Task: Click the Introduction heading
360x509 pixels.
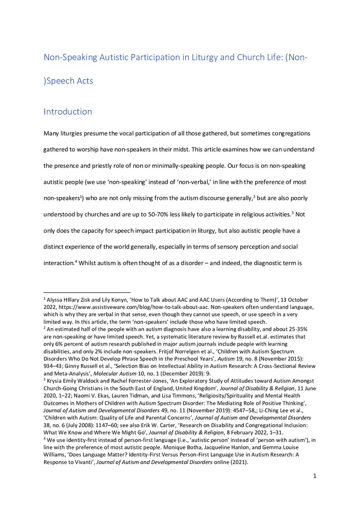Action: click(x=68, y=111)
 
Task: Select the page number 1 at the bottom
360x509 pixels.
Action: click(x=315, y=490)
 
